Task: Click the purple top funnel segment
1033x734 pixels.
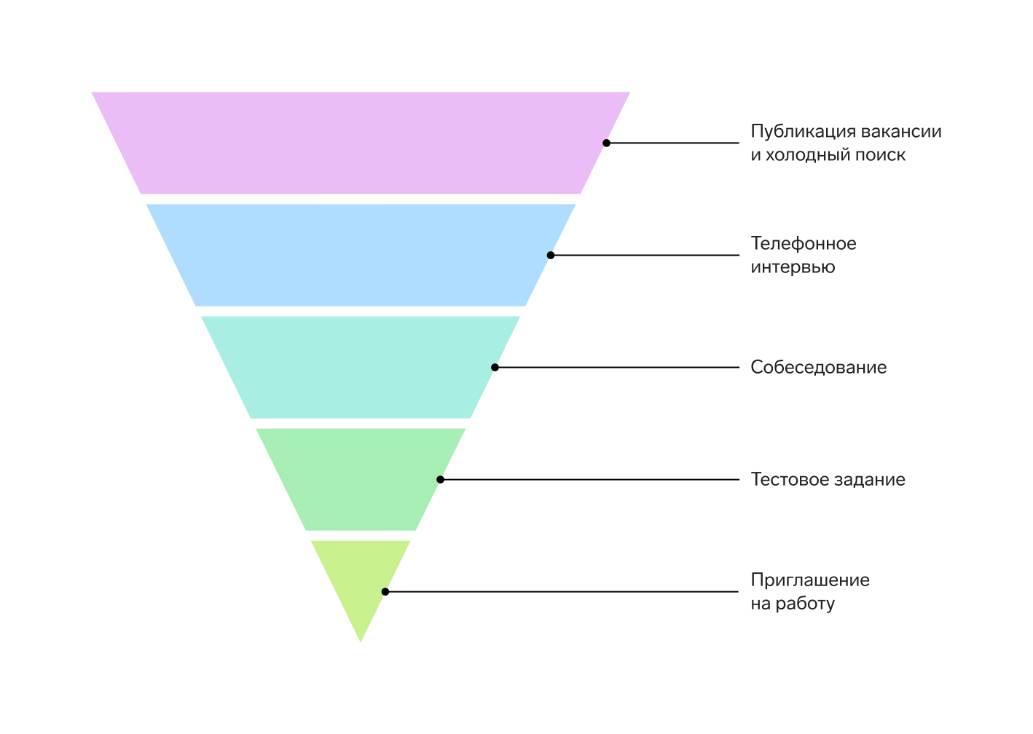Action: point(361,143)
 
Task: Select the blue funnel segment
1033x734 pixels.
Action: point(361,255)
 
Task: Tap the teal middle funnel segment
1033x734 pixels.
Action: point(361,367)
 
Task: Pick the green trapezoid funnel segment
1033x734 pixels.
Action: point(361,479)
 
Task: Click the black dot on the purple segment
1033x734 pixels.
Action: point(606,143)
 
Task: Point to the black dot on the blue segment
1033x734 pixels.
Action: point(551,255)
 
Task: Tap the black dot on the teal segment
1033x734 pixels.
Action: point(495,368)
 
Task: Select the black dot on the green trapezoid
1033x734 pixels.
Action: point(441,479)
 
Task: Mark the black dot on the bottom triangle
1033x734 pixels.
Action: point(385,591)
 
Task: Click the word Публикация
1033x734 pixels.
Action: point(803,132)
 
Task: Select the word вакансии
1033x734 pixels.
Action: point(901,132)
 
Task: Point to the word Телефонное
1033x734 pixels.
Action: point(804,243)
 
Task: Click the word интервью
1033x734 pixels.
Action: point(793,267)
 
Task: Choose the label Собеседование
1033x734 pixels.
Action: point(819,368)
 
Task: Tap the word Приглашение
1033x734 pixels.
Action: point(810,580)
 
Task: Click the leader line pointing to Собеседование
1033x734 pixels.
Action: point(617,368)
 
